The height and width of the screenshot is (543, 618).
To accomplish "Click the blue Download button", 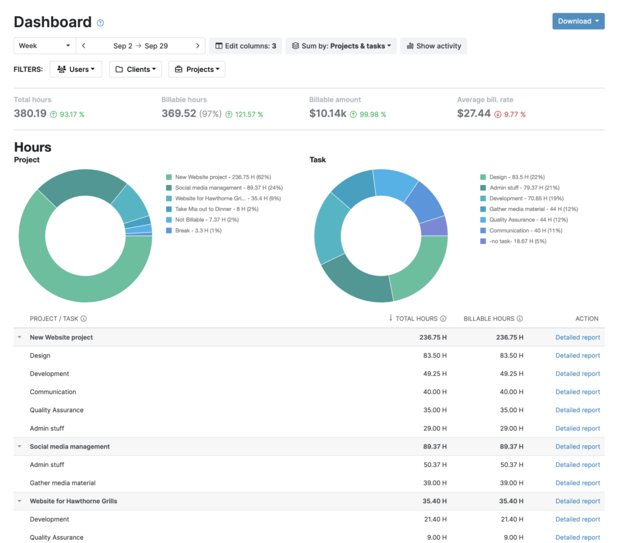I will click(578, 21).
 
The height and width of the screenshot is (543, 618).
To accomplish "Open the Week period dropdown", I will click(45, 46).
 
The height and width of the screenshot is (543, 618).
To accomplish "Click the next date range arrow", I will click(197, 46).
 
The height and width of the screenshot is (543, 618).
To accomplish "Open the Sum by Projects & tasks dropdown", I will click(341, 46).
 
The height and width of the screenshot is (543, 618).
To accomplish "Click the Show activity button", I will click(433, 46).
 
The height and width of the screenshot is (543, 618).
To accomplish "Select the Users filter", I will click(76, 69).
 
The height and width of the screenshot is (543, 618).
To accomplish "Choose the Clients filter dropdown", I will click(136, 69).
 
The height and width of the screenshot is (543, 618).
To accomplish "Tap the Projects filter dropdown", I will click(197, 69).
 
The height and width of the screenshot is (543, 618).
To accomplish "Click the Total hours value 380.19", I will click(30, 113).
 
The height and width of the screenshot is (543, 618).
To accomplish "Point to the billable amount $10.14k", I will click(328, 113).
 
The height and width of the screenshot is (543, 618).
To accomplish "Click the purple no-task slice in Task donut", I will click(435, 226).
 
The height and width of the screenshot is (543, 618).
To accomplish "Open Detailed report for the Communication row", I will click(578, 392).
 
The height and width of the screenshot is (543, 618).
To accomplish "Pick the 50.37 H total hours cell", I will click(435, 465).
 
